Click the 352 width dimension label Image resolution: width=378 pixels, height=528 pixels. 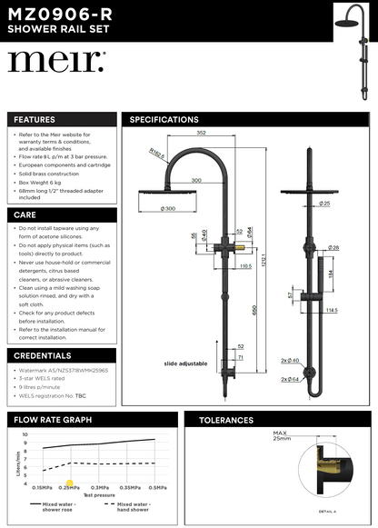point(200,133)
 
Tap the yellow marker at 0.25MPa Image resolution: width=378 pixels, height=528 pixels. point(69,483)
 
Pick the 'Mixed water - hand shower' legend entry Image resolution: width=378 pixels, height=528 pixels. point(134,507)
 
